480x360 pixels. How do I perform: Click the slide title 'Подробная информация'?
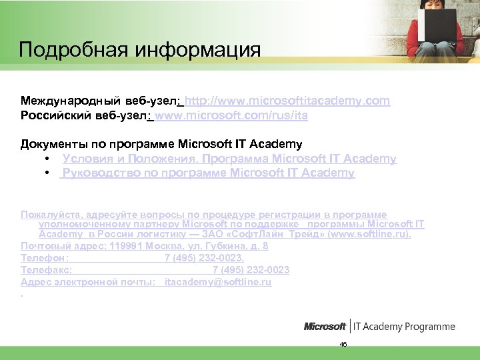click(x=139, y=50)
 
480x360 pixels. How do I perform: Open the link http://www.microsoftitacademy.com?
click(x=287, y=101)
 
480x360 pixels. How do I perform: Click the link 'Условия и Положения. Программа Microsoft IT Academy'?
click(x=229, y=159)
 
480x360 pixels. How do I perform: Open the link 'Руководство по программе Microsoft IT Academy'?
click(x=208, y=173)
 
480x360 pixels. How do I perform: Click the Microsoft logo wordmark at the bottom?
click(x=325, y=327)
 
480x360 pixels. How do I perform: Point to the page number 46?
click(x=343, y=344)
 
